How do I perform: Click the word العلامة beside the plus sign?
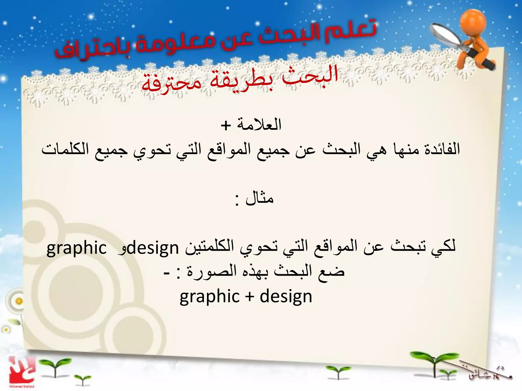pos(259,124)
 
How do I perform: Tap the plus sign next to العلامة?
pos(226,125)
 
